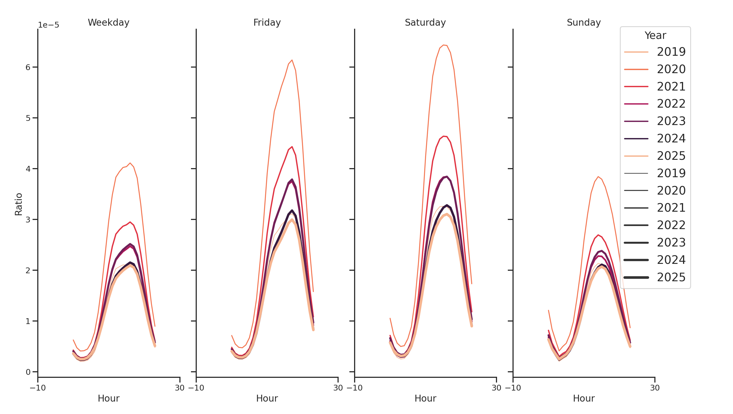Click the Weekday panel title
coord(108,22)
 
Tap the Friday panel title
coord(267,22)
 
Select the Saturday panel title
coord(425,22)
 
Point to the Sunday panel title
coord(584,22)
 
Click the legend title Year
coord(655,36)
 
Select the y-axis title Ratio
coord(18,204)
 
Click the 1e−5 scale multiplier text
coord(49,25)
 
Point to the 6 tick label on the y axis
coord(28,67)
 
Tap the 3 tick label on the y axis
coord(28,220)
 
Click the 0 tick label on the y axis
coord(28,372)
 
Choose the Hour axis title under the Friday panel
coord(267,398)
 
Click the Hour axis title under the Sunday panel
coord(584,398)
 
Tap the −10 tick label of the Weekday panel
coord(38,388)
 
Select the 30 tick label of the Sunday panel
coord(655,388)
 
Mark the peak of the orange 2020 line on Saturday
coord(443,45)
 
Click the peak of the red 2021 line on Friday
coord(292,147)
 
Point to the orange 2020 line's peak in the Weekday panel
coord(130,163)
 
